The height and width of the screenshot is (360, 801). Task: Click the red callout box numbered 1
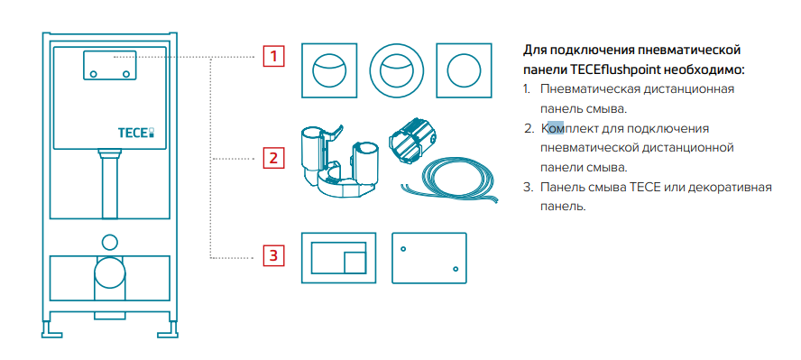(x=273, y=56)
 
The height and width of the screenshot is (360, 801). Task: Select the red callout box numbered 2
(x=273, y=158)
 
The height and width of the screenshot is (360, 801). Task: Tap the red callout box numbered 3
(x=273, y=254)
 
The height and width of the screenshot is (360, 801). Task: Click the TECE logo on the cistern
(x=136, y=133)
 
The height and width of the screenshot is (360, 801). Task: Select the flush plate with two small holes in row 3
(x=429, y=258)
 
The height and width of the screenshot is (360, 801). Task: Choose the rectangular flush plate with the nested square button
(x=339, y=258)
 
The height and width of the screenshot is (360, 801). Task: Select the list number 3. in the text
(x=528, y=187)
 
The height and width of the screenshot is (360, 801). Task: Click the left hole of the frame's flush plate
(x=94, y=75)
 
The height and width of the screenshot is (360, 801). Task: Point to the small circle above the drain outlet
(x=110, y=242)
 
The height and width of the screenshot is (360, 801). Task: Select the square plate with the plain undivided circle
(x=465, y=70)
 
